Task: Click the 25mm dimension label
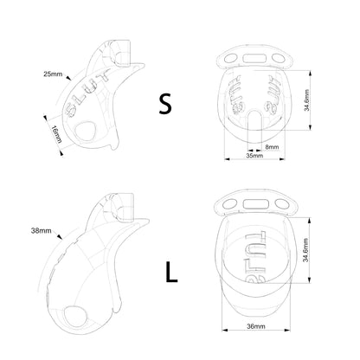(53, 74)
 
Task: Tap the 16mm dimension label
(56, 134)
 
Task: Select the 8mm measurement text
(272, 147)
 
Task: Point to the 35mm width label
(254, 156)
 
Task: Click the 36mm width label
(256, 326)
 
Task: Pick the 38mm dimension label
(41, 230)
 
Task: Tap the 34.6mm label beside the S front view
(306, 100)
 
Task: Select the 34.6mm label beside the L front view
(305, 250)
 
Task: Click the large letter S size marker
(165, 104)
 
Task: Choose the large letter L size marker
(171, 272)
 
